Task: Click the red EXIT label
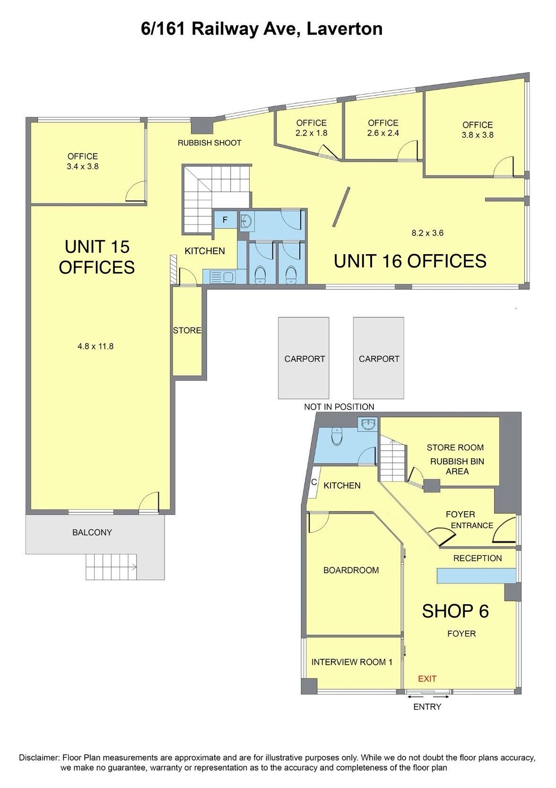pyautogui.click(x=427, y=678)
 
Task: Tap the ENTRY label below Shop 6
pyautogui.click(x=427, y=706)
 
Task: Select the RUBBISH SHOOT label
pyautogui.click(x=209, y=143)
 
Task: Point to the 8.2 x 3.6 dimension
pyautogui.click(x=427, y=233)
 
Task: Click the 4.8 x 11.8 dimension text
pyautogui.click(x=96, y=346)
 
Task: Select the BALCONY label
pyautogui.click(x=92, y=532)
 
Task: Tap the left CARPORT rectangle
pyautogui.click(x=304, y=358)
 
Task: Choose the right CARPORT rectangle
pyautogui.click(x=379, y=358)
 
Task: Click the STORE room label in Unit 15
pyautogui.click(x=187, y=330)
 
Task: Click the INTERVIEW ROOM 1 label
pyautogui.click(x=352, y=662)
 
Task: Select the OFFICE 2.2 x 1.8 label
pyautogui.click(x=312, y=128)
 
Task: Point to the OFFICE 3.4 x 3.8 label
pyautogui.click(x=83, y=161)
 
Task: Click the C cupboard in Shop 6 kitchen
pyautogui.click(x=314, y=482)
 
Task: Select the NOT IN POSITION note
pyautogui.click(x=339, y=407)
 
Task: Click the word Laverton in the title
pyautogui.click(x=345, y=29)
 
